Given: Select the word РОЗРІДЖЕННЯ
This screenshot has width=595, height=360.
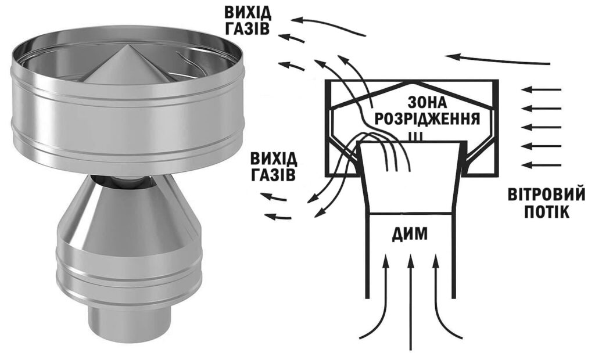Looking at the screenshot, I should coord(427,120).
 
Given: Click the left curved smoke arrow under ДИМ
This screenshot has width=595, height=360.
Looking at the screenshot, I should coord(378,302).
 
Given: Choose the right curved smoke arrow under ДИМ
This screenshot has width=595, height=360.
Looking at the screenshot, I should coord(445,302).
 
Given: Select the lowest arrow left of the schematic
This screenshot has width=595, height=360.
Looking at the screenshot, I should coord(279,217).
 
